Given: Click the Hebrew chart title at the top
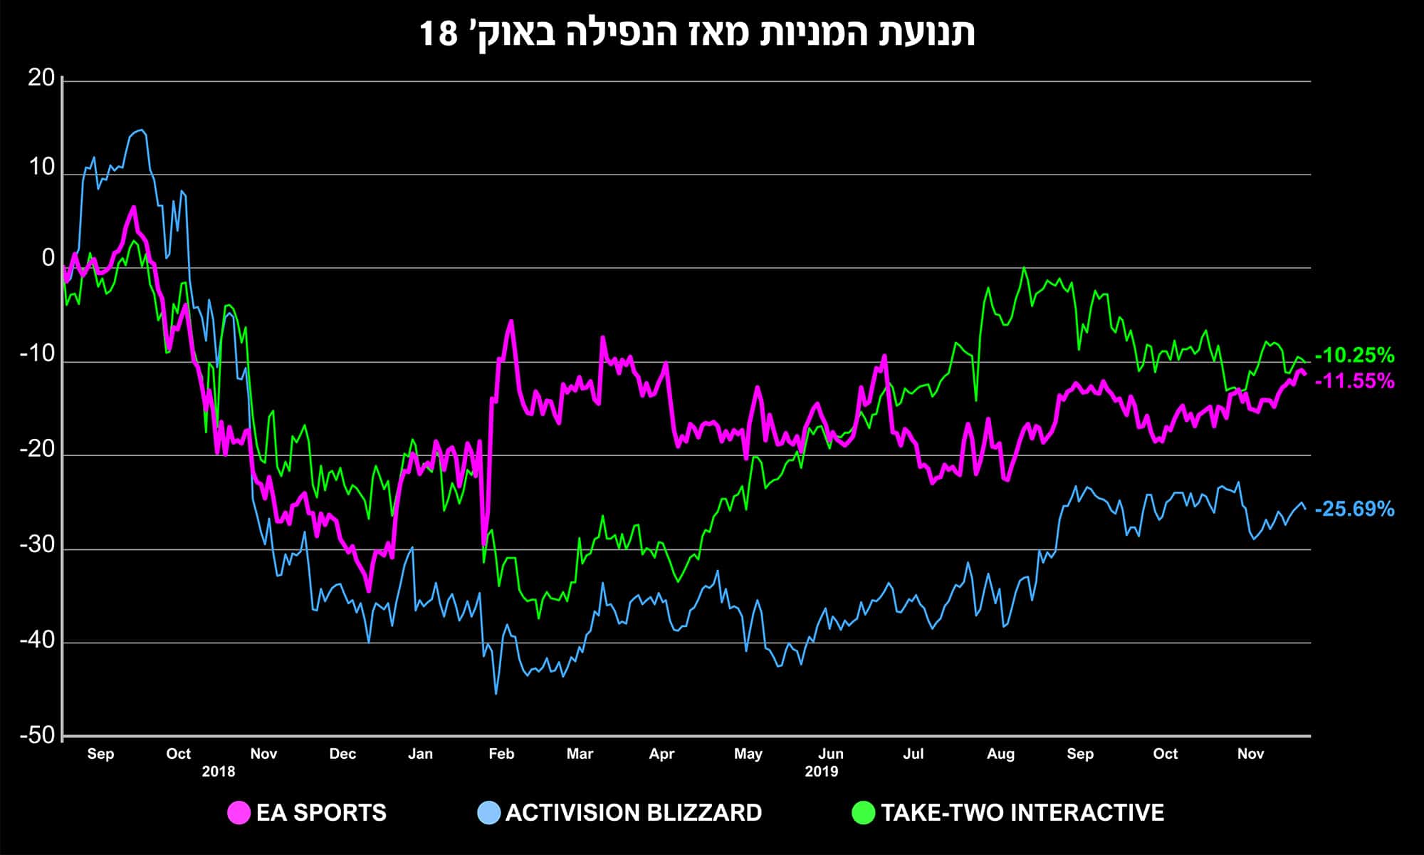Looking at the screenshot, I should click(x=697, y=33).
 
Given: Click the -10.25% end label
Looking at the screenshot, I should click(x=1354, y=355).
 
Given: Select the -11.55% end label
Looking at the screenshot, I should click(x=1354, y=381).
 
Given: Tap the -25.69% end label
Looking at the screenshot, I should click(x=1354, y=509).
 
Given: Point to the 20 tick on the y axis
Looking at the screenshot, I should click(x=41, y=78).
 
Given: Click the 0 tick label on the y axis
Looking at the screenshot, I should click(x=48, y=258).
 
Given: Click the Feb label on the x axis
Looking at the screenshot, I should click(x=501, y=754).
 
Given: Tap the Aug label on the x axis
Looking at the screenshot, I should click(x=1000, y=754).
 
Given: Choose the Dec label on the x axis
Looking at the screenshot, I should click(x=342, y=754).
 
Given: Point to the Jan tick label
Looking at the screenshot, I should click(x=420, y=754).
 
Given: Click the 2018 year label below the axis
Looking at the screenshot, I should click(x=218, y=772).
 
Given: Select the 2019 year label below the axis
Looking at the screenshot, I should click(x=822, y=772).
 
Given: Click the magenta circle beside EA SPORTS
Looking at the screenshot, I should click(x=239, y=813).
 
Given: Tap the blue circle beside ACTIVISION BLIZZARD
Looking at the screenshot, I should click(x=488, y=813).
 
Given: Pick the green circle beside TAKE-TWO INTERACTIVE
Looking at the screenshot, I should click(x=863, y=813).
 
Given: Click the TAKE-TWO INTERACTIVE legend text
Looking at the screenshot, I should click(x=1022, y=813).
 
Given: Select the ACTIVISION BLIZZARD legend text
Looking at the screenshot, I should click(x=634, y=813).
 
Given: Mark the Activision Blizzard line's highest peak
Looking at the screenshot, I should click(x=141, y=130).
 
